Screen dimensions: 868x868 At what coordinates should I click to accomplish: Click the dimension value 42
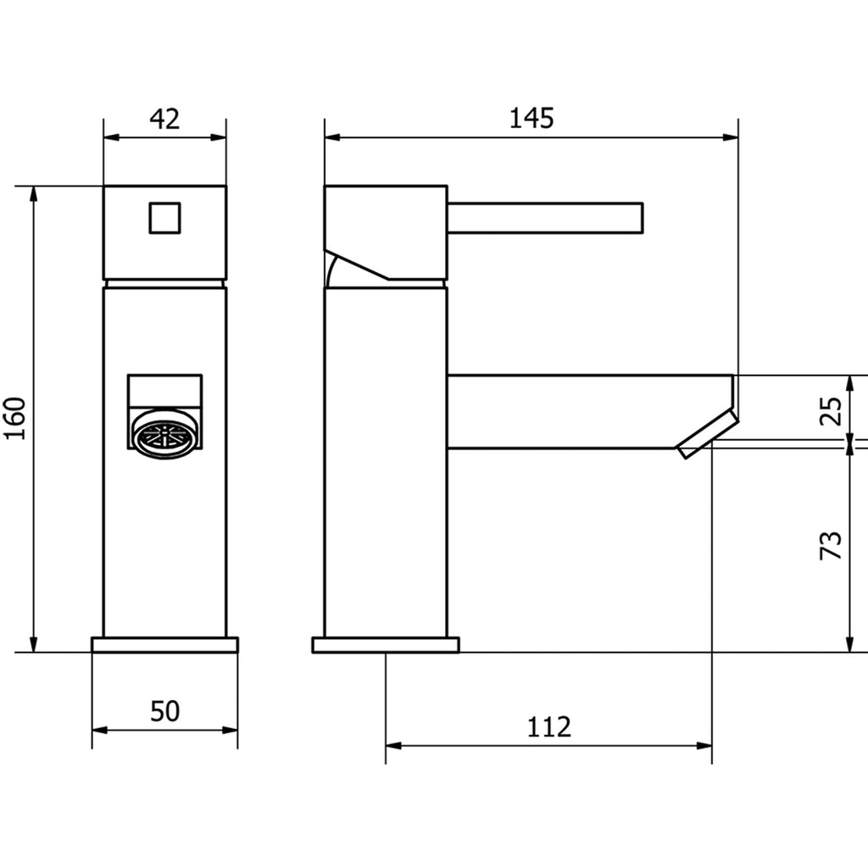coord(165,120)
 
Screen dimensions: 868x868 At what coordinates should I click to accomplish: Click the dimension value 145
coord(531,119)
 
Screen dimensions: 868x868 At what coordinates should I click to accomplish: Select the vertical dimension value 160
coord(17,419)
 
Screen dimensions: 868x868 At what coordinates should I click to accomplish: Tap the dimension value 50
coord(165,711)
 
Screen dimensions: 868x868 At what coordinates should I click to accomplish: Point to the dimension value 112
coord(549,726)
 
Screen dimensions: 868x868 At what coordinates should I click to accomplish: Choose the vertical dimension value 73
coord(833,545)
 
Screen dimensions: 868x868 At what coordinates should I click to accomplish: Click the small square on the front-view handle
coord(165,217)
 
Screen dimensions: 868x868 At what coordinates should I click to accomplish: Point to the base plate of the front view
coord(165,645)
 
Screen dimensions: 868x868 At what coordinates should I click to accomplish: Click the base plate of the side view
coord(386,645)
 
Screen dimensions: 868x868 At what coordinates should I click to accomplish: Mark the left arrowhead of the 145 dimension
coord(331,136)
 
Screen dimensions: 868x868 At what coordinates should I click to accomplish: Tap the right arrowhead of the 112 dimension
coord(705,746)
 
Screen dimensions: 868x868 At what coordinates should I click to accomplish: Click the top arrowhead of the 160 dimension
coord(35,192)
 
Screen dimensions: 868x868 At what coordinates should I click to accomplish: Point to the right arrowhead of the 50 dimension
coord(231,730)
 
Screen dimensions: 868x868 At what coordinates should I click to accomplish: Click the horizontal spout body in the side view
coord(585,411)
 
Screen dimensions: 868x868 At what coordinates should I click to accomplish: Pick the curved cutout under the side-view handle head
coord(331,271)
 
